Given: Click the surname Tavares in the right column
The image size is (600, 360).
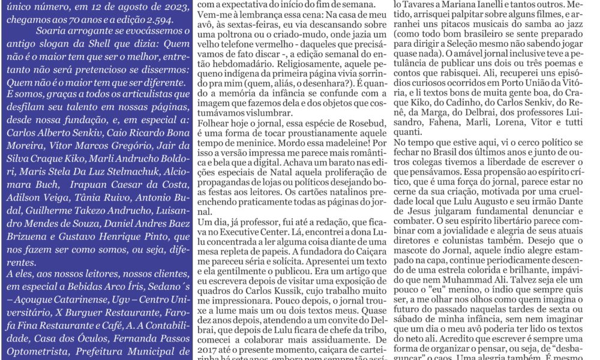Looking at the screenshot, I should [x=415, y=4].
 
